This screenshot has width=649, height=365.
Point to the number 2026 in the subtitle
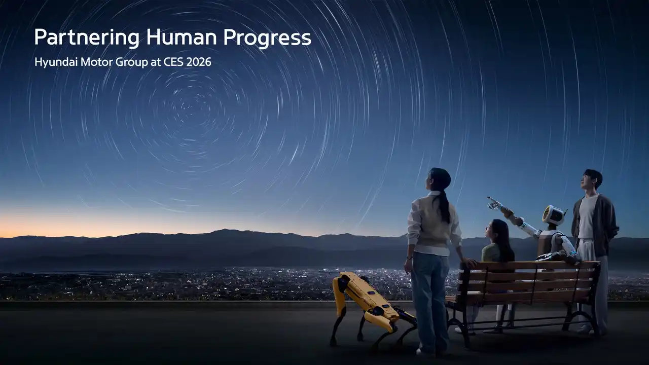199,63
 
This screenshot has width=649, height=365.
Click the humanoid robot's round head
554,215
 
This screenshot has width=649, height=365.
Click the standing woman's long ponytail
445,205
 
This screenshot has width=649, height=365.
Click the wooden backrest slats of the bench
532,279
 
